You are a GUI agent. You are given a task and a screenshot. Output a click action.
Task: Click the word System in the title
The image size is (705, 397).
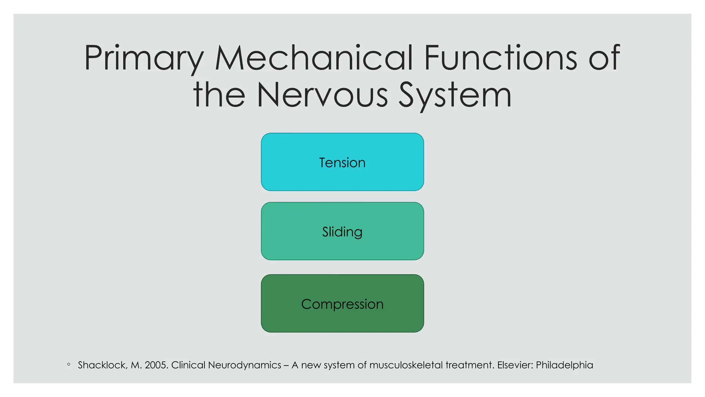point(455,96)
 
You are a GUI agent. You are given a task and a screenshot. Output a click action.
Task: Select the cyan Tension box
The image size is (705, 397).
point(342,162)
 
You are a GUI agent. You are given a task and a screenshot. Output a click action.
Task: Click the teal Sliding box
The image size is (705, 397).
point(342,231)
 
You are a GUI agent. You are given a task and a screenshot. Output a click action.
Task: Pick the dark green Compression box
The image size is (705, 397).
point(342,304)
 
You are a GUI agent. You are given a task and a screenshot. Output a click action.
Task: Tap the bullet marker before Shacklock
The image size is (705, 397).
point(69,364)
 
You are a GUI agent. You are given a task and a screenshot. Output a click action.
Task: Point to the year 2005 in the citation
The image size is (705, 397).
point(156,365)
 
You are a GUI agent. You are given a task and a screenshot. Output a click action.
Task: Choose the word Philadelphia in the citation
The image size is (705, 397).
point(564,365)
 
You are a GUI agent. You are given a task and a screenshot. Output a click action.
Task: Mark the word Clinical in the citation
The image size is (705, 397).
point(188,365)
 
